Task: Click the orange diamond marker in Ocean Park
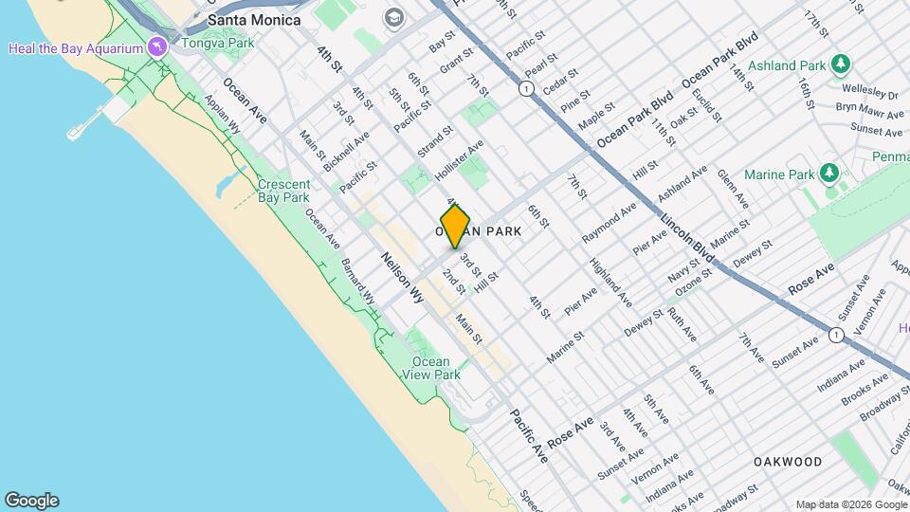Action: click(x=456, y=226)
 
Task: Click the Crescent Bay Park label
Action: click(x=283, y=191)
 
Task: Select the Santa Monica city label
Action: click(x=253, y=19)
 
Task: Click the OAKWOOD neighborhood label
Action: click(x=788, y=462)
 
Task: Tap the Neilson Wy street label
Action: click(x=402, y=278)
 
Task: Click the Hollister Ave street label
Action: click(x=460, y=161)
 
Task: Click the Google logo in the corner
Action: click(x=31, y=501)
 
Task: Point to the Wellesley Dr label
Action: click(x=873, y=95)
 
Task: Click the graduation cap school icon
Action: click(x=392, y=18)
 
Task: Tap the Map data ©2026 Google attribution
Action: click(x=850, y=504)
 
